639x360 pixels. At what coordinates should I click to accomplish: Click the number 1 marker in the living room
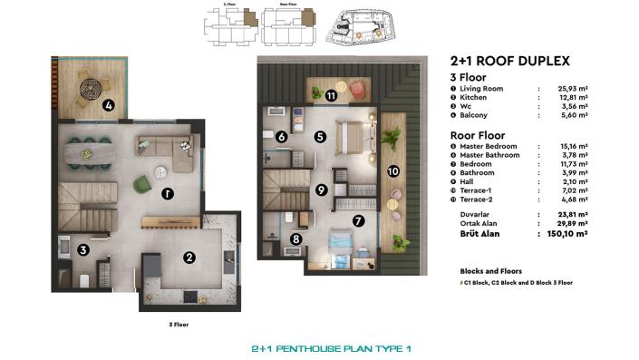[x=167, y=193]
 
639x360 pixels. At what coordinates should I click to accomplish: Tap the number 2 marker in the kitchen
[x=189, y=258]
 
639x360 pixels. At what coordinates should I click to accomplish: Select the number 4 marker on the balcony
[x=109, y=105]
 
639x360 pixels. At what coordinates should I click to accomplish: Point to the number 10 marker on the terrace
[x=392, y=170]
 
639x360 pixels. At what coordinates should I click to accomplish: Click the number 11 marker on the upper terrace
[x=332, y=95]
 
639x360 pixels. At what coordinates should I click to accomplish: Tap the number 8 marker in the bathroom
[x=296, y=239]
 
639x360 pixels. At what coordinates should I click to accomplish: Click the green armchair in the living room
[x=143, y=185]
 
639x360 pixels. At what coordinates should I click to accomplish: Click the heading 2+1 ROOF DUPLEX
[x=509, y=62]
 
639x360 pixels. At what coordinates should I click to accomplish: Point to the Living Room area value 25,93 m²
[x=574, y=89]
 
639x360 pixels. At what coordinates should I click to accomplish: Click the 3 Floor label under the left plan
[x=179, y=324]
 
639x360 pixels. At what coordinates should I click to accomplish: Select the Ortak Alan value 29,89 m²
[x=574, y=223]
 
